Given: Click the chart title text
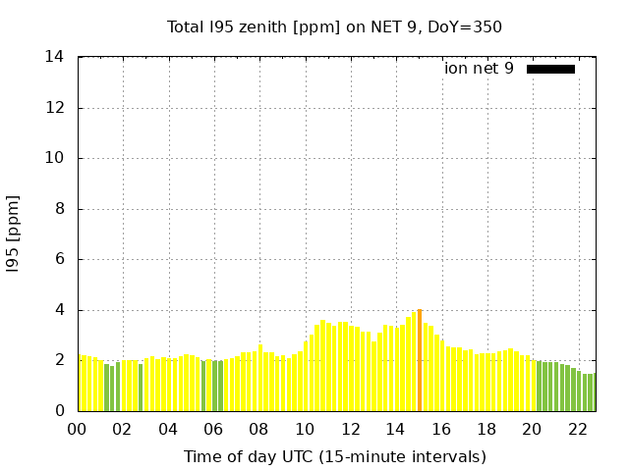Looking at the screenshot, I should click(334, 26).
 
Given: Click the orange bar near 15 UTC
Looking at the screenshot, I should click(420, 360).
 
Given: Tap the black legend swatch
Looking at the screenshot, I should click(550, 69).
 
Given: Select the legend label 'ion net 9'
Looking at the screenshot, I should click(479, 69).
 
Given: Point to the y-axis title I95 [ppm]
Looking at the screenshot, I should click(14, 234).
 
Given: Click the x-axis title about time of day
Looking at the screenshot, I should click(334, 456).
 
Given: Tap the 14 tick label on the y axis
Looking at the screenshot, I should click(55, 57).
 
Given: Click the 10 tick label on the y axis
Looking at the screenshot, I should click(55, 158).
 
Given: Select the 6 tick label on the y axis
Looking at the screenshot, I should click(60, 259).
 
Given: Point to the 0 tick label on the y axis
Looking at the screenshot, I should click(60, 411).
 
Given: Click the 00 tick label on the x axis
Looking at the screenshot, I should click(78, 429).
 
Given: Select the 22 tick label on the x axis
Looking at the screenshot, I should click(578, 429).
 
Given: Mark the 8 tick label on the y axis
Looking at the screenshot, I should click(60, 209).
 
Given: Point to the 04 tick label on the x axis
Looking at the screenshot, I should click(168, 429).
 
